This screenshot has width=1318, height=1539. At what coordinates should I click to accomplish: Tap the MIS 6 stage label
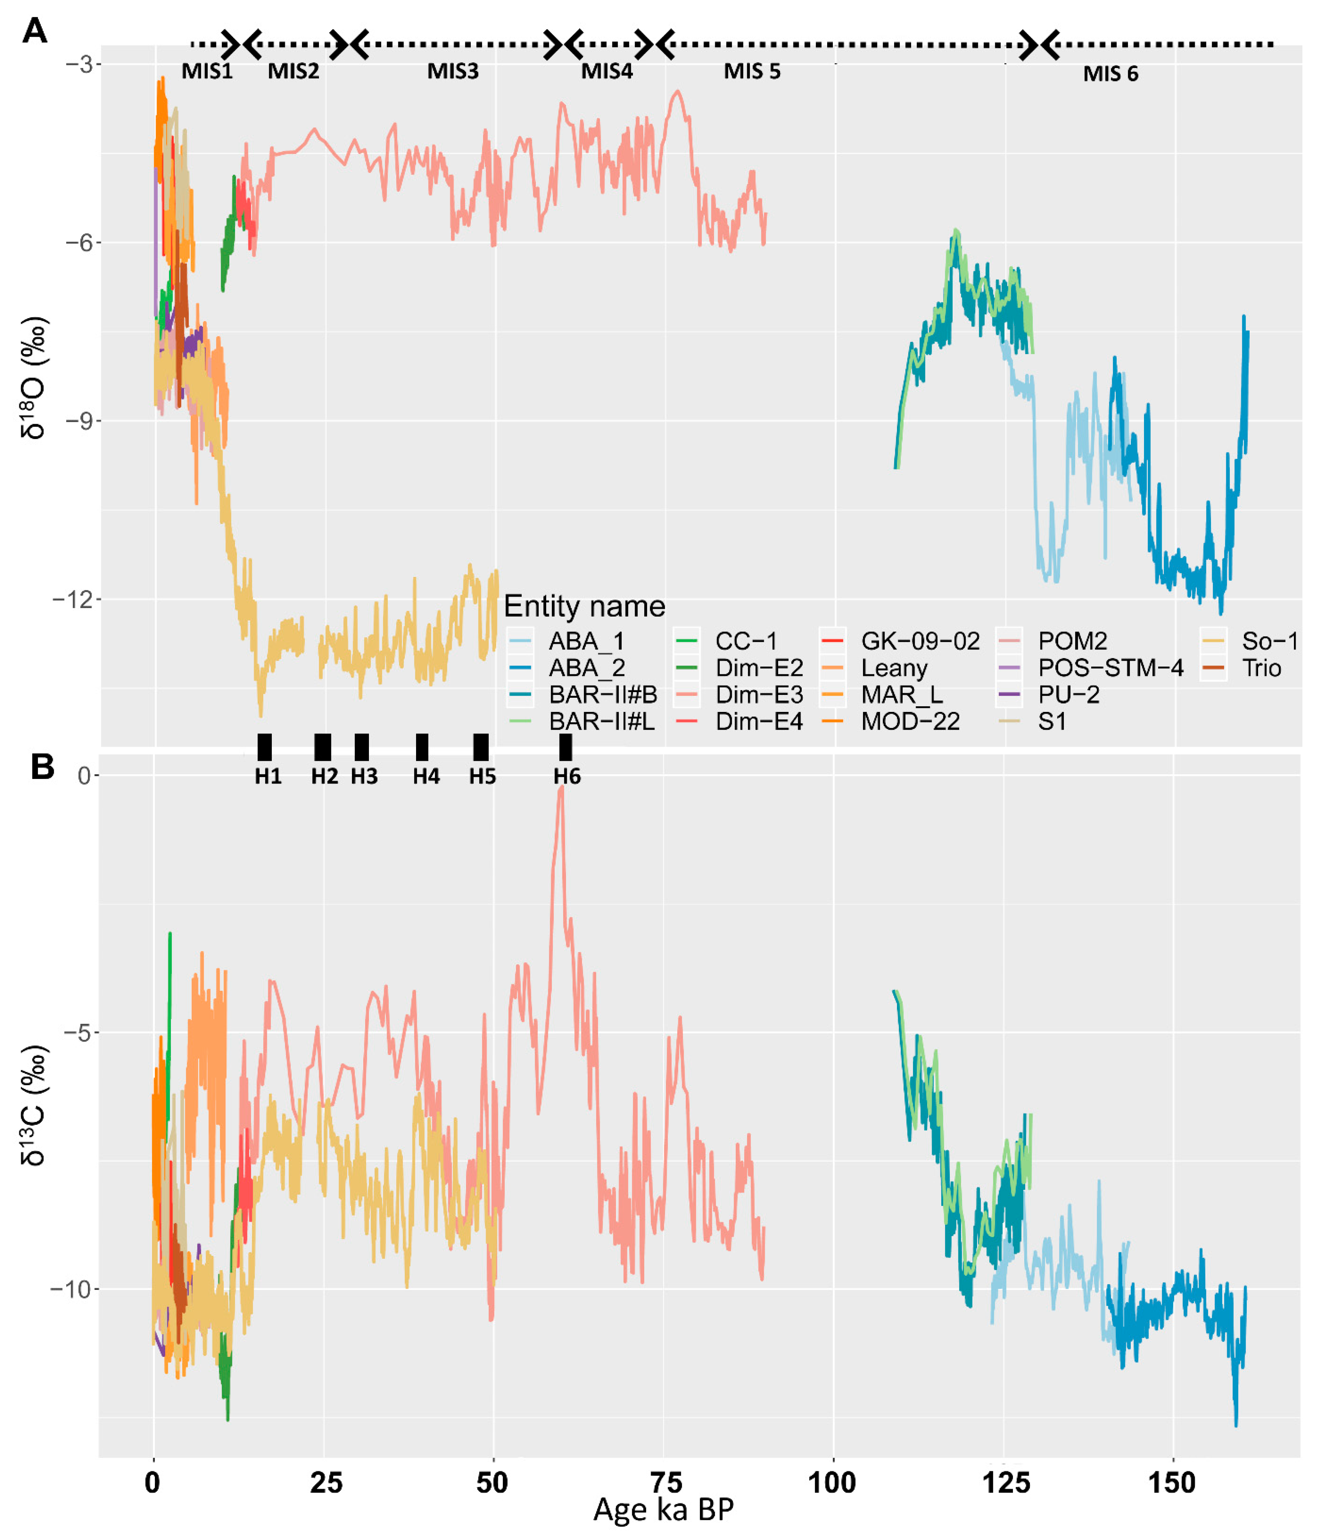[x=1110, y=74]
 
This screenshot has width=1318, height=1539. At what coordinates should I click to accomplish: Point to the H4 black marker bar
[x=422, y=747]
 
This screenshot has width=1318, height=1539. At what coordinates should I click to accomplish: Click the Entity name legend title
[x=584, y=606]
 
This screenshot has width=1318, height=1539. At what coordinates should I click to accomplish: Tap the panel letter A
[x=35, y=31]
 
